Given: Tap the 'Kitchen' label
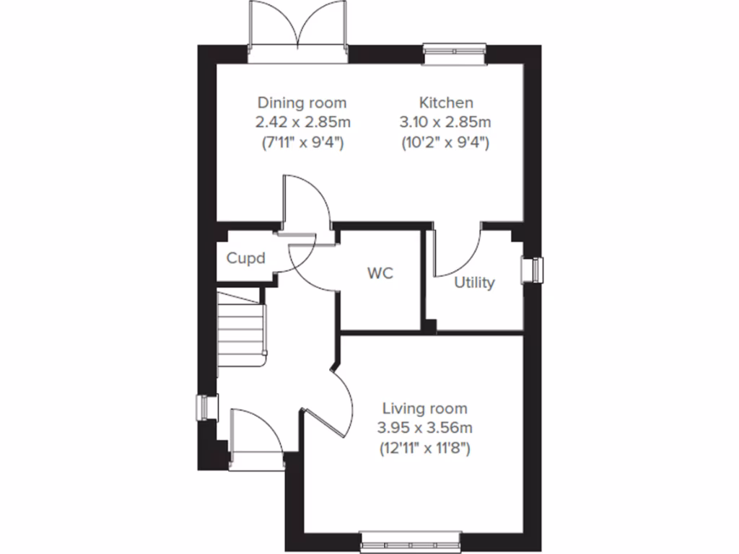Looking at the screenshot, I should (446, 102).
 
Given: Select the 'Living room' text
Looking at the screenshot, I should (424, 408).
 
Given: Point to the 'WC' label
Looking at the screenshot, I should (380, 275).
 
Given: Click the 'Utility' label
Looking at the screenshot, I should (474, 283).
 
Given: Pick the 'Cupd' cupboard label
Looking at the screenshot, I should (246, 258).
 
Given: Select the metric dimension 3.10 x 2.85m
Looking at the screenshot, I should (446, 123).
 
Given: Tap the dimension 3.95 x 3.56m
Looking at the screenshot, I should (424, 428).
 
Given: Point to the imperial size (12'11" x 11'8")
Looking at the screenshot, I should (424, 449).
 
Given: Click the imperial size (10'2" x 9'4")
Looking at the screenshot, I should (446, 143).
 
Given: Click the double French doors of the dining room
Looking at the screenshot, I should (298, 29).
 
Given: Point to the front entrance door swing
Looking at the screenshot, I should (255, 432).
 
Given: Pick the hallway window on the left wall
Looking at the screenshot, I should (208, 408).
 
